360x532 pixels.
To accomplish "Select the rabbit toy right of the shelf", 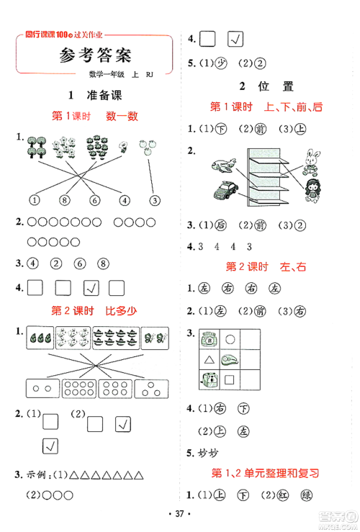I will point(313,163).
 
